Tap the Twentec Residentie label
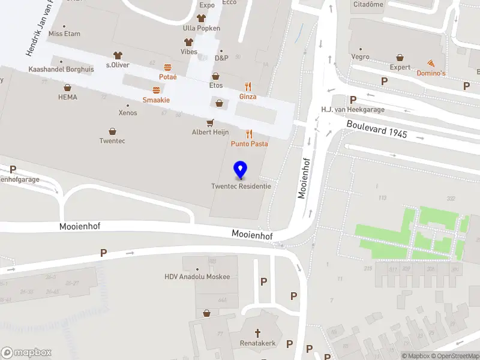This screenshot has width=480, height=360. click(241, 186)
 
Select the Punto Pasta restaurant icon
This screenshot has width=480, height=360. click(249, 134)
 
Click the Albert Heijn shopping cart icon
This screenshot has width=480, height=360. click(210, 122)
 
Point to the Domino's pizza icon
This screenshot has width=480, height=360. click(431, 63)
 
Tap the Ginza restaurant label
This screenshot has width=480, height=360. click(248, 97)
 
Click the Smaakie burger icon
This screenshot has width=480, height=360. click(156, 90)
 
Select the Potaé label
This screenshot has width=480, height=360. click(167, 77)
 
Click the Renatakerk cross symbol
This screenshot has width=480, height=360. click(258, 332)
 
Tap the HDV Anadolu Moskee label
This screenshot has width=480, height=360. click(197, 277)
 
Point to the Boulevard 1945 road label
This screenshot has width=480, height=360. click(377, 129)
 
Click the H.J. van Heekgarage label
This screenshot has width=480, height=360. click(353, 110)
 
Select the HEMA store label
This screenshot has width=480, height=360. click(68, 97)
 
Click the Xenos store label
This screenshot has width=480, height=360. click(128, 113)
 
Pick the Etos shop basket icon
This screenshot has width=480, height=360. click(216, 77)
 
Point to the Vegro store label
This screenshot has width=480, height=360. click(361, 57)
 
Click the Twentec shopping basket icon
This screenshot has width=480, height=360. click(112, 131)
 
